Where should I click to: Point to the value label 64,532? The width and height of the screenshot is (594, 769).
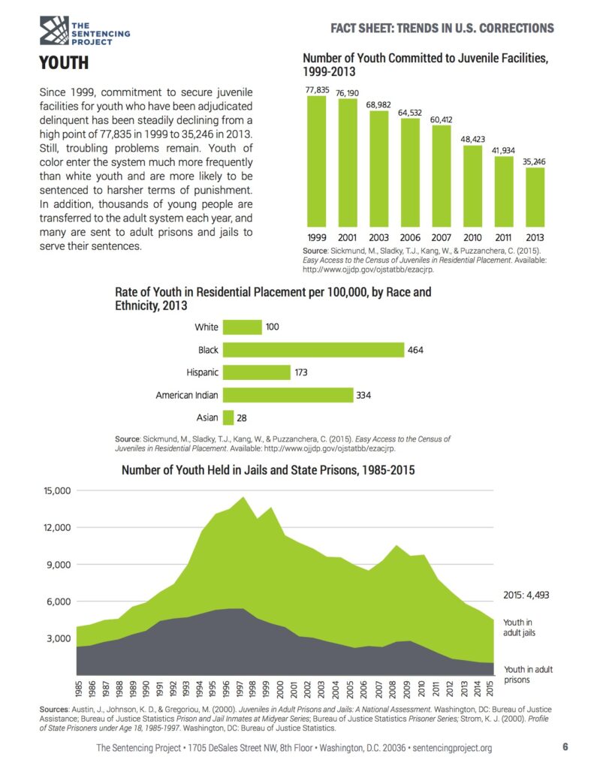click(x=410, y=112)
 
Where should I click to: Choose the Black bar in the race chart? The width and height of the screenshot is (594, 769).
click(x=314, y=349)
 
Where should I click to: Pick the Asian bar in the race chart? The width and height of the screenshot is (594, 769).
click(x=228, y=417)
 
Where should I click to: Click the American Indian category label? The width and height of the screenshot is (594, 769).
click(x=186, y=395)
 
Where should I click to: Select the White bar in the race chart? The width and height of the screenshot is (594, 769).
click(x=242, y=327)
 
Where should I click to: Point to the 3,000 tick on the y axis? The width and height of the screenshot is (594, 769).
click(x=56, y=638)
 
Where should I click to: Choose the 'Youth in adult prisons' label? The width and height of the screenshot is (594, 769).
click(x=528, y=674)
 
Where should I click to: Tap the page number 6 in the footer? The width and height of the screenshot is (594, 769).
click(x=565, y=747)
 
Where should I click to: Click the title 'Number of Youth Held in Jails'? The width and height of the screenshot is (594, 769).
click(x=268, y=471)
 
